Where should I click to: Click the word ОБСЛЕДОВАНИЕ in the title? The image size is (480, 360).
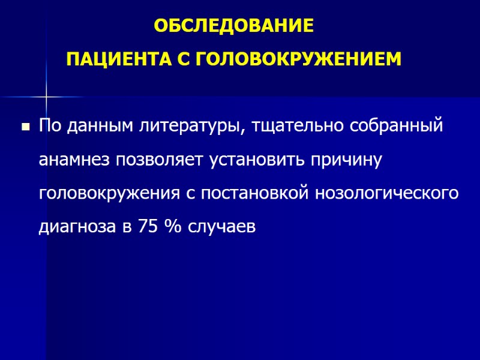(233, 27)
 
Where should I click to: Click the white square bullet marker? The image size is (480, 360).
(26, 127)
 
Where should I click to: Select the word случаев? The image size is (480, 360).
(221, 228)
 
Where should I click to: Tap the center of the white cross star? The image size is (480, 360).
(46, 97)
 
